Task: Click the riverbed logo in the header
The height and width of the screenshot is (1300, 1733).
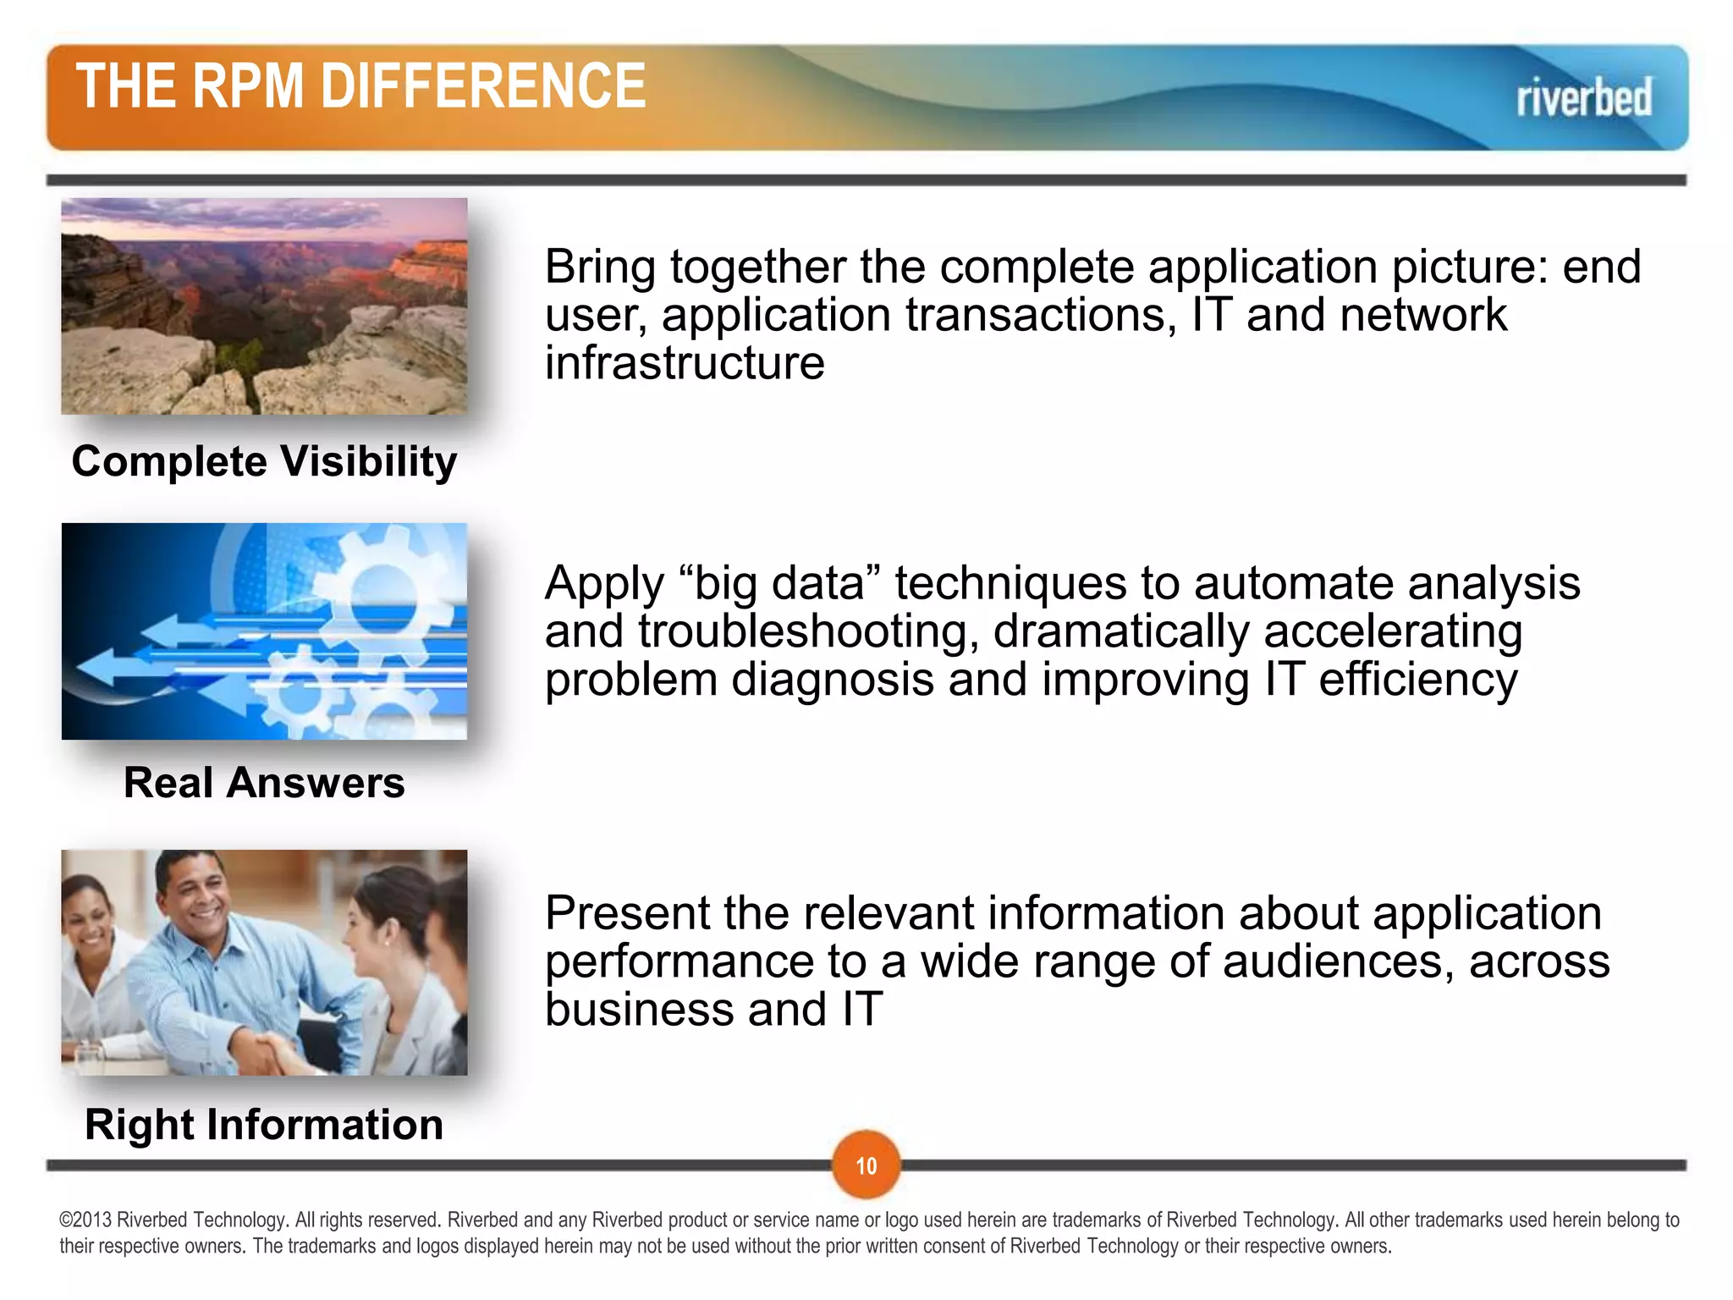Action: pos(1583,97)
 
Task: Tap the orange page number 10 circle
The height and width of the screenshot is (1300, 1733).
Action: pos(866,1165)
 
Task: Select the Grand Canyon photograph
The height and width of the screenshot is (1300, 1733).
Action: pos(264,306)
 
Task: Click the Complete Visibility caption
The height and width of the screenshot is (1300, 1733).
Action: pos(264,462)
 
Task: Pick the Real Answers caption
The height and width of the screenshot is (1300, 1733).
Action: pos(264,783)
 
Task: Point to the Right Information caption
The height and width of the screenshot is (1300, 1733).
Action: pos(264,1125)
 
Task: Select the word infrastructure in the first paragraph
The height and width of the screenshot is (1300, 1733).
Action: pos(684,363)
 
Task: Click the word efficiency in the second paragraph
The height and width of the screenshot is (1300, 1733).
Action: pos(1417,680)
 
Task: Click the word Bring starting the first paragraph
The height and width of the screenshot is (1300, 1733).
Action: pos(600,267)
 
